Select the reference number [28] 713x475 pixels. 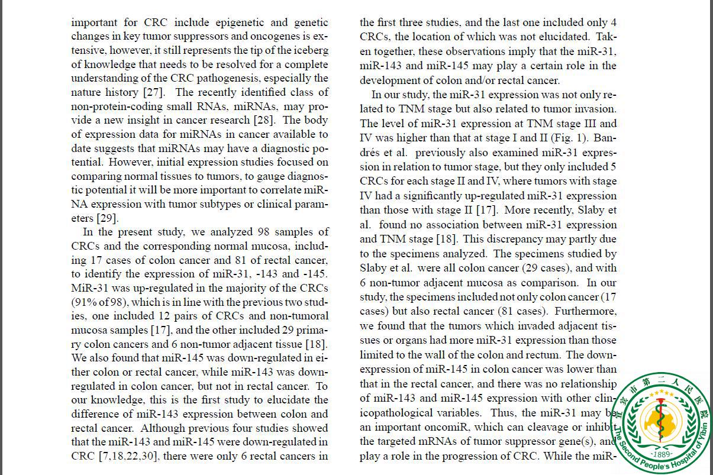(x=281, y=121)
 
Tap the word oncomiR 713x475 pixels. (x=460, y=427)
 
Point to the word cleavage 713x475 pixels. (x=545, y=427)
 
